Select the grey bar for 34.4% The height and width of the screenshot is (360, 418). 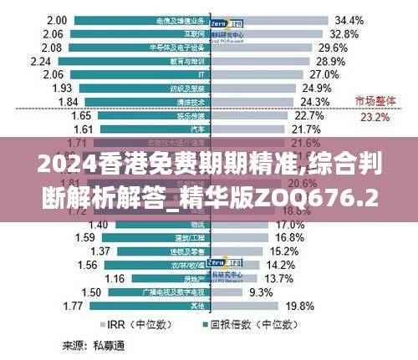point(267,19)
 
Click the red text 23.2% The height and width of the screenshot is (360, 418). point(374,118)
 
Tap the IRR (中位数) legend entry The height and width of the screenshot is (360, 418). point(129,324)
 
